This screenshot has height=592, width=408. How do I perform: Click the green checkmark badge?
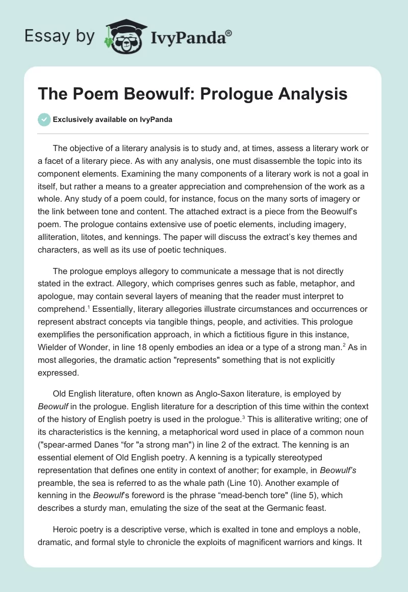coord(44,119)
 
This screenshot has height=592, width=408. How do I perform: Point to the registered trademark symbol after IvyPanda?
coord(229,33)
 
